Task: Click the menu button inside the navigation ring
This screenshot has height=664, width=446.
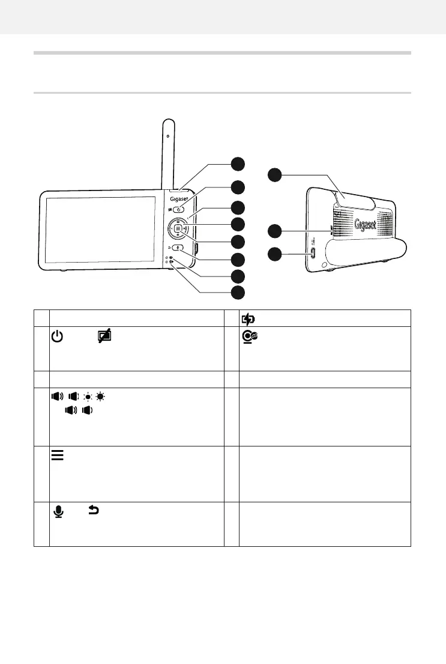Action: [178, 228]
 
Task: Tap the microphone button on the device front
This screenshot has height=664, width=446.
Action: [178, 247]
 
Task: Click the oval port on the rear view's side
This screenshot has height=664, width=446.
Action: [312, 252]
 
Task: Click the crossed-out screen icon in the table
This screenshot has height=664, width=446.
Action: [106, 338]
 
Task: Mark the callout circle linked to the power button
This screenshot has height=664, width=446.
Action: [238, 186]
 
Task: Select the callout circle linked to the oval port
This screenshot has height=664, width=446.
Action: [274, 253]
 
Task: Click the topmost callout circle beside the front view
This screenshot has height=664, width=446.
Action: [238, 163]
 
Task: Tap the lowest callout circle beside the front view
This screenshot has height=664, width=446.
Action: [238, 292]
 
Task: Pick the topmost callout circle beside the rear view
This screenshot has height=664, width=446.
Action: [274, 175]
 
